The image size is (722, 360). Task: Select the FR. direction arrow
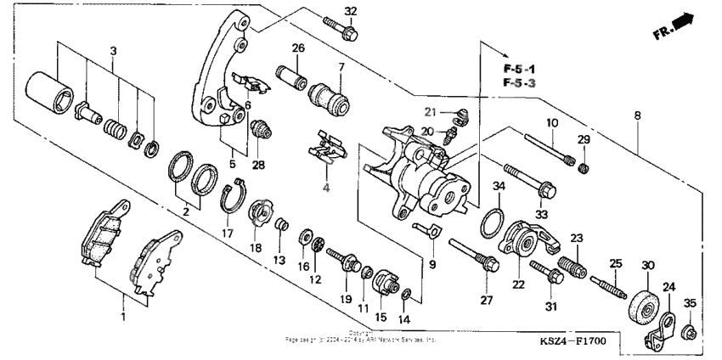tap(685, 25)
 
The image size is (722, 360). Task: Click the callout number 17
tap(227, 232)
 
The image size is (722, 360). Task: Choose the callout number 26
tap(297, 48)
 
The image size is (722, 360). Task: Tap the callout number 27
tap(487, 301)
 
